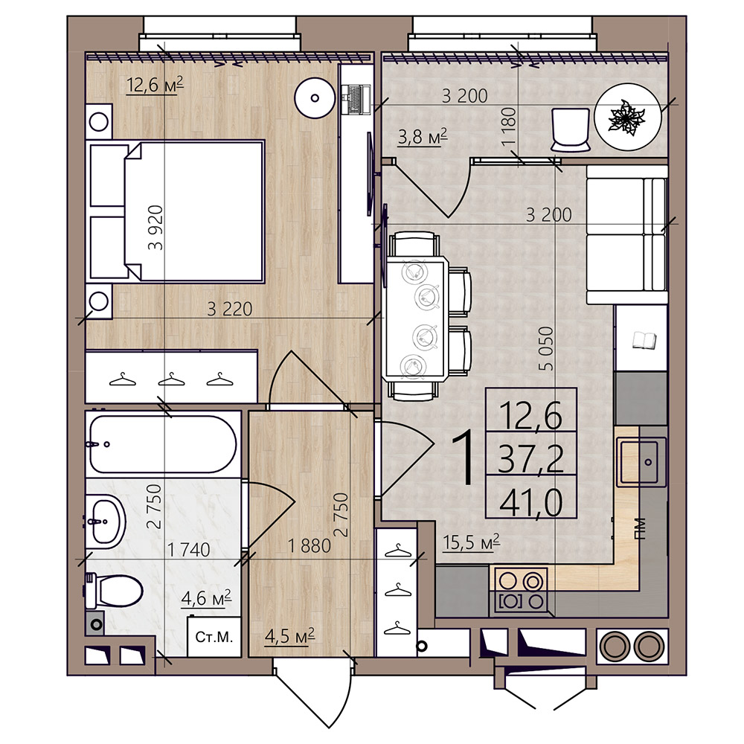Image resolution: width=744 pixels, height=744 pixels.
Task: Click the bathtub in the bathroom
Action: [161, 444]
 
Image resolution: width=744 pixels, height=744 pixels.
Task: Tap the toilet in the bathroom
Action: [114, 590]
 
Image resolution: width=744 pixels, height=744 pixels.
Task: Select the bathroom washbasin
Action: [106, 521]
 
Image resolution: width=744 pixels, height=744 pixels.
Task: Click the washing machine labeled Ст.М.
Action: [214, 636]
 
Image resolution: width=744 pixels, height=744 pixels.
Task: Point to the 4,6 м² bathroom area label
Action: [206, 598]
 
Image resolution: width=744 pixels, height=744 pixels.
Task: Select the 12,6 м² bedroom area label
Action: [155, 86]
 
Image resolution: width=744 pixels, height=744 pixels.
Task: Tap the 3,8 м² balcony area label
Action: [423, 137]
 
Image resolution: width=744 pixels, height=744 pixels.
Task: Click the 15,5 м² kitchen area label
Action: [471, 542]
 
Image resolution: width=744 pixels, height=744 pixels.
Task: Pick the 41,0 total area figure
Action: [531, 503]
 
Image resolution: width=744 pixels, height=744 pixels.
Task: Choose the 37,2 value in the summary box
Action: [531, 459]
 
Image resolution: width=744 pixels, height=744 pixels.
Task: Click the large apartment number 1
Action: [463, 457]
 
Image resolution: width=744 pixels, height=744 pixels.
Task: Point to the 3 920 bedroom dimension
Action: [155, 228]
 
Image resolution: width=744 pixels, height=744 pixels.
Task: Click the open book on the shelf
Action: [644, 340]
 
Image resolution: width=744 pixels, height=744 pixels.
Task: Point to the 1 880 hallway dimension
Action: [310, 546]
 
